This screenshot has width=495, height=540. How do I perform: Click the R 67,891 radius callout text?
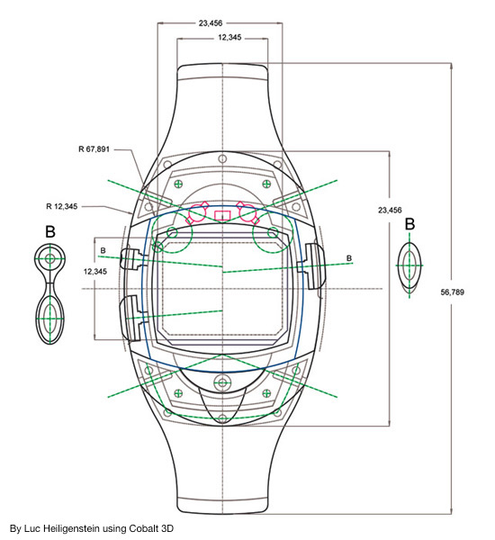click(x=94, y=149)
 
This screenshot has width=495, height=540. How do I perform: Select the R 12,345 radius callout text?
click(x=62, y=206)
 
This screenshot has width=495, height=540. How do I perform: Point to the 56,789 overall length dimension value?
click(x=453, y=292)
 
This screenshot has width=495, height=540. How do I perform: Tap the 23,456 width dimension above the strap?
click(x=211, y=23)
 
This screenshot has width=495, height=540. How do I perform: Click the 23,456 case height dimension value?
click(x=390, y=210)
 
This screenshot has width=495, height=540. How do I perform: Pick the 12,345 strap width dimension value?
click(x=229, y=37)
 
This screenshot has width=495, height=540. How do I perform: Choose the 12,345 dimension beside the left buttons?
click(x=95, y=272)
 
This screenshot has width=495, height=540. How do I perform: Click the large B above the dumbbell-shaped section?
click(x=50, y=232)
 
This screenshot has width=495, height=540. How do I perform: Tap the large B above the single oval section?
click(x=409, y=224)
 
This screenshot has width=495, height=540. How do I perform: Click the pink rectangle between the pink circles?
click(x=222, y=216)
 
